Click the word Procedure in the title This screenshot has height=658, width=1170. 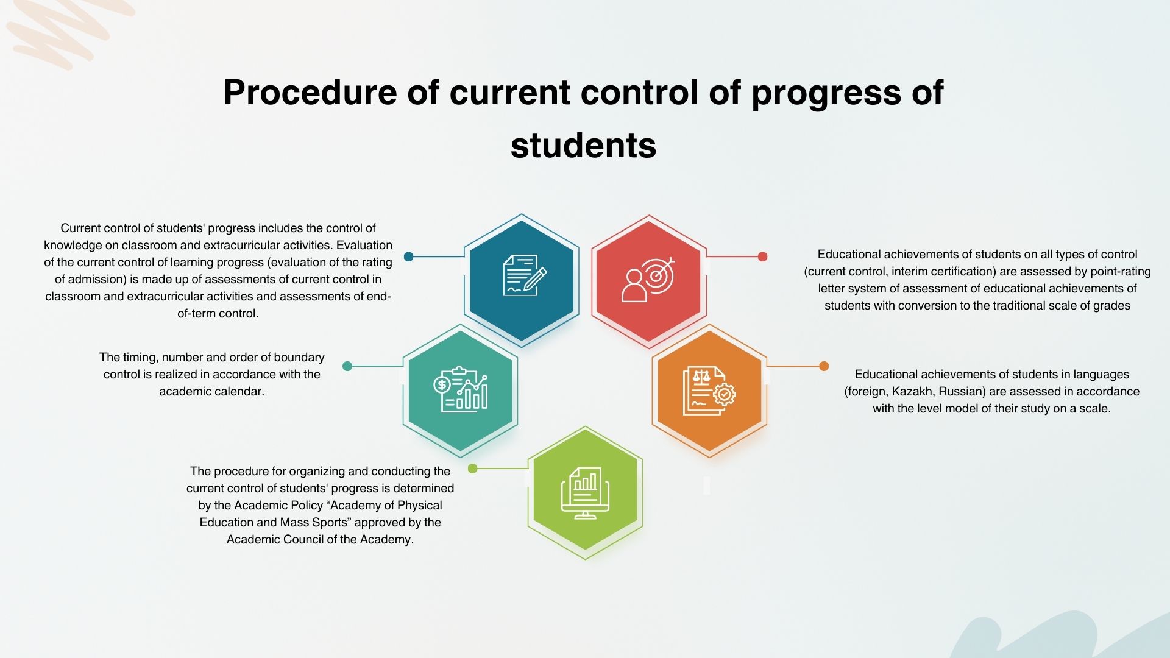click(311, 93)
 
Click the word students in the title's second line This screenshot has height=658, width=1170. click(583, 146)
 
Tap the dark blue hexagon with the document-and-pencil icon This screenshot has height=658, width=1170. click(522, 281)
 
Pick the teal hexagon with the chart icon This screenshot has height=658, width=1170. click(460, 391)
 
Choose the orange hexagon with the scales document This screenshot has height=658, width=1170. click(709, 391)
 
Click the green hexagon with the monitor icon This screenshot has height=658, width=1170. click(585, 493)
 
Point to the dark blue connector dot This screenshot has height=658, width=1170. click(409, 256)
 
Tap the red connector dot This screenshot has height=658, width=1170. click(762, 256)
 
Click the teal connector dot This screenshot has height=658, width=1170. click(347, 366)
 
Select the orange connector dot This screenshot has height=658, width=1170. click(824, 366)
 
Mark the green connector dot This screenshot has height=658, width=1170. click(472, 469)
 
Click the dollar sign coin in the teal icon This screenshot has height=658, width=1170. click(442, 385)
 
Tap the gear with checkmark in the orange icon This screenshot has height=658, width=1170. click(724, 395)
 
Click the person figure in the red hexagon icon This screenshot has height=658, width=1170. click(634, 286)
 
